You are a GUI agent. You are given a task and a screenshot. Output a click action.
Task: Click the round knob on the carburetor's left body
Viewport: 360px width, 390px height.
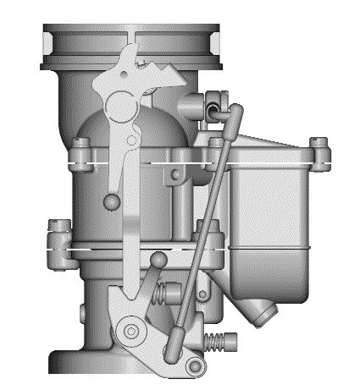click(111, 200)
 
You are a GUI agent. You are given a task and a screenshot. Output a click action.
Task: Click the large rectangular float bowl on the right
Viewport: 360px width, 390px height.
click(271, 203)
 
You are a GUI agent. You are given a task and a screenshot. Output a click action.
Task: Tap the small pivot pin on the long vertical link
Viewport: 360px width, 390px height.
click(131, 140)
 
